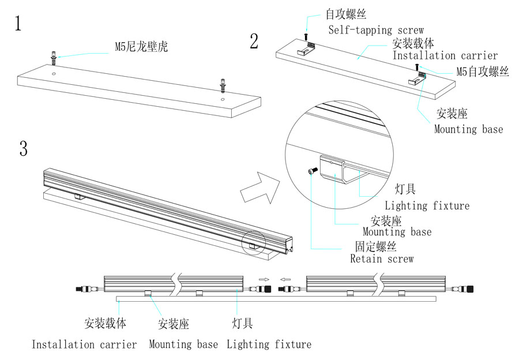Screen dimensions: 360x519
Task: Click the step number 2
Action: click(254, 42)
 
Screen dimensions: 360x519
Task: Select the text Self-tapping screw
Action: click(376, 30)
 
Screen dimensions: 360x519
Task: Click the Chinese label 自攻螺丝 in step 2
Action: click(346, 14)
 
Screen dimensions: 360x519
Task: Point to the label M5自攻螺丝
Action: click(483, 72)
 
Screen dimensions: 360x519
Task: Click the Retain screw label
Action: click(382, 259)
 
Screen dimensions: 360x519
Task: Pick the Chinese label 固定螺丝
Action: click(376, 246)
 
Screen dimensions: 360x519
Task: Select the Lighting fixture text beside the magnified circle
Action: click(427, 205)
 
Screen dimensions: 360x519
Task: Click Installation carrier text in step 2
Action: click(445, 56)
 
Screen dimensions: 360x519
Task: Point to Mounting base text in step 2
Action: click(468, 129)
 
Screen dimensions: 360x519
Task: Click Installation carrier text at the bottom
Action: click(84, 344)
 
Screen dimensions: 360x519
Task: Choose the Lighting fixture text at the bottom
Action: click(269, 344)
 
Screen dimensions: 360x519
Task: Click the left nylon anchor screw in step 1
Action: click(54, 58)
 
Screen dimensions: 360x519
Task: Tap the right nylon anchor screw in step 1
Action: click(223, 85)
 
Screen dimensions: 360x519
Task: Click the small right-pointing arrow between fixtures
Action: click(264, 278)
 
